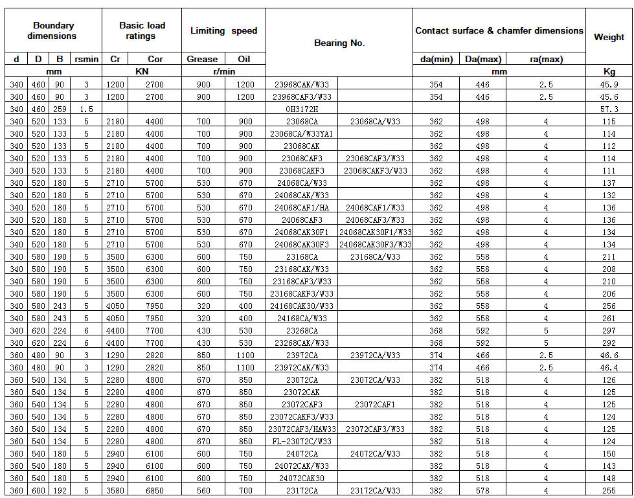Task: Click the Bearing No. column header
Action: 339,43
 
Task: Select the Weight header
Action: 609,37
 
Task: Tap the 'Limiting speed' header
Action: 223,30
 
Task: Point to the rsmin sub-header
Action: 86,59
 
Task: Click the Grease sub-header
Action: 202,59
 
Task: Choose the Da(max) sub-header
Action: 482,59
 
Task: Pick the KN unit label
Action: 141,71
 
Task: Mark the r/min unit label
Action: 223,71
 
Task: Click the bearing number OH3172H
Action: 302,109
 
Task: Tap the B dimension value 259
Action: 60,109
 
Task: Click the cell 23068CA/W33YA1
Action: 302,134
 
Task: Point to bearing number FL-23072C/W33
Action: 302,442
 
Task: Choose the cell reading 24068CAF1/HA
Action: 302,208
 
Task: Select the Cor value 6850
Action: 155,491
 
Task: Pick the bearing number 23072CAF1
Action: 375,405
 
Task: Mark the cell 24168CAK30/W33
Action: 302,306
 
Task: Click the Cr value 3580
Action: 115,491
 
